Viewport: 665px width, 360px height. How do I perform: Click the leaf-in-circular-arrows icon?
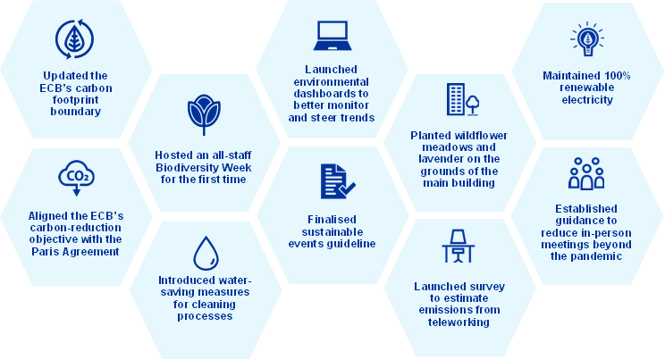[x=75, y=39]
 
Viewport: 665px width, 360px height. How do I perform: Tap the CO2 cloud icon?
[x=76, y=178]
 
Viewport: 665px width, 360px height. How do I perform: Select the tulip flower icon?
[x=204, y=114]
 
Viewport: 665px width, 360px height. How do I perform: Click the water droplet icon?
[x=206, y=253]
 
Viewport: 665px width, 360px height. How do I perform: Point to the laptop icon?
[x=332, y=36]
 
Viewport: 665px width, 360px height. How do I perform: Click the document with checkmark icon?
[x=338, y=181]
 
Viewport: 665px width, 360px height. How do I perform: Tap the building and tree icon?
[x=463, y=99]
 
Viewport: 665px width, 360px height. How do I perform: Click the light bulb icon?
[x=587, y=38]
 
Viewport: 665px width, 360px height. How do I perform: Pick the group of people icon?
[x=586, y=173]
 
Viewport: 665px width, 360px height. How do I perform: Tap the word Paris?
[x=45, y=252]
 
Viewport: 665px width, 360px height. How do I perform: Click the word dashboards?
[x=332, y=93]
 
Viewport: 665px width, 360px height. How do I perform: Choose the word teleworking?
[x=459, y=322]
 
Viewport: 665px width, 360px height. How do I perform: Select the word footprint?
[x=76, y=100]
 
